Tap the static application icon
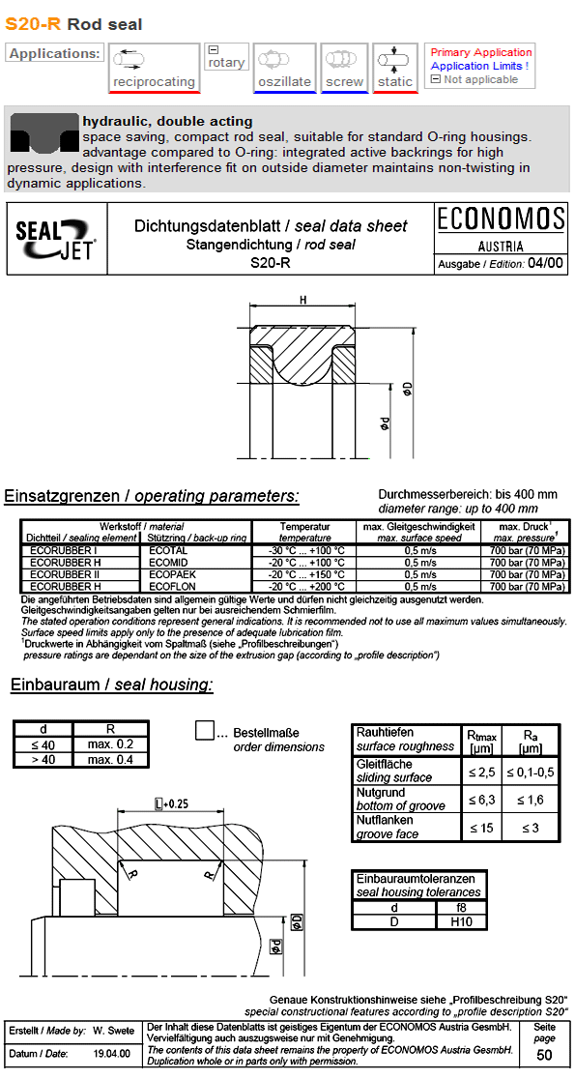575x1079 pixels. tap(394, 60)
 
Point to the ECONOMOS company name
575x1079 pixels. tap(500, 219)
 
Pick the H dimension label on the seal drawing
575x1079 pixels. tap(302, 301)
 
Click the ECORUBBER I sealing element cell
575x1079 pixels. tap(71, 549)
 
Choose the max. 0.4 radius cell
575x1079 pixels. tap(111, 759)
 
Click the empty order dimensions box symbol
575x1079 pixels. tap(205, 730)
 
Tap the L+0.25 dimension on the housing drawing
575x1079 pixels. tap(171, 803)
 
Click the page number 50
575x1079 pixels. tap(544, 1054)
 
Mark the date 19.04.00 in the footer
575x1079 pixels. tap(112, 1053)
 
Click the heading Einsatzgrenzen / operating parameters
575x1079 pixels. tap(152, 496)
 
